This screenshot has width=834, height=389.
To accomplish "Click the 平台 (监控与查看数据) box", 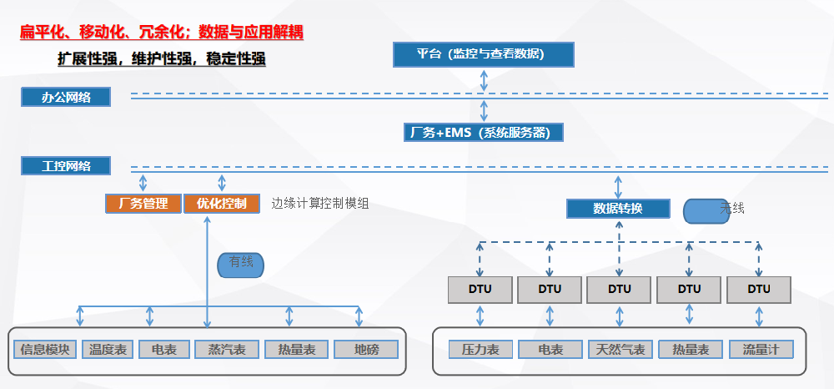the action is coord(484,54).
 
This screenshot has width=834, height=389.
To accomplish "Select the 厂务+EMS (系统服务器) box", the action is coord(484,133).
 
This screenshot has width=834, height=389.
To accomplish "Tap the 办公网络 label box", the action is coord(66,98).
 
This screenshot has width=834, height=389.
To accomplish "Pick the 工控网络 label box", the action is coord(66,165).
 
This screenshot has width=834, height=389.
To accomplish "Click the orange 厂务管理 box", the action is coord(143,204).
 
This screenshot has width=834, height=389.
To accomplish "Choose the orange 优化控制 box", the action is coord(222,204).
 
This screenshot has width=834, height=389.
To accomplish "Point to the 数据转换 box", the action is coord(618,209).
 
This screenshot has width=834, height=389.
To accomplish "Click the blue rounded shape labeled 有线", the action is coord(240,265).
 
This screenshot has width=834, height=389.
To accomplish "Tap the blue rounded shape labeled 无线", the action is coord(706,211).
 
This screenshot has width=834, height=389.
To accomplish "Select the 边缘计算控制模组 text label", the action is coord(320,204).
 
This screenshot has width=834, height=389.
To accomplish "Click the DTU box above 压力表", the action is coord(480,290).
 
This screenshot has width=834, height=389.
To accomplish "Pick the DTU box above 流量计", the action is coord(758,290).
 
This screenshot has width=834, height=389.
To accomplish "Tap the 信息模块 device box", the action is coord(45,349).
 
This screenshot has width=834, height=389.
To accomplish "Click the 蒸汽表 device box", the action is coord(227,349).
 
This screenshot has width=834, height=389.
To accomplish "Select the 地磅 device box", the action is coord(366,349).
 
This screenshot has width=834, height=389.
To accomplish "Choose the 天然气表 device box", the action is coord(620,349).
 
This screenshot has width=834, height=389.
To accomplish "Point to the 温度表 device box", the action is coord(108,349).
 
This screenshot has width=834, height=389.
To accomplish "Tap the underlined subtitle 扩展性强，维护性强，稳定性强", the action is coord(162,58).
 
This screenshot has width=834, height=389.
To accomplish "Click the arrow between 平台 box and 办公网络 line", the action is coord(484,80).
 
